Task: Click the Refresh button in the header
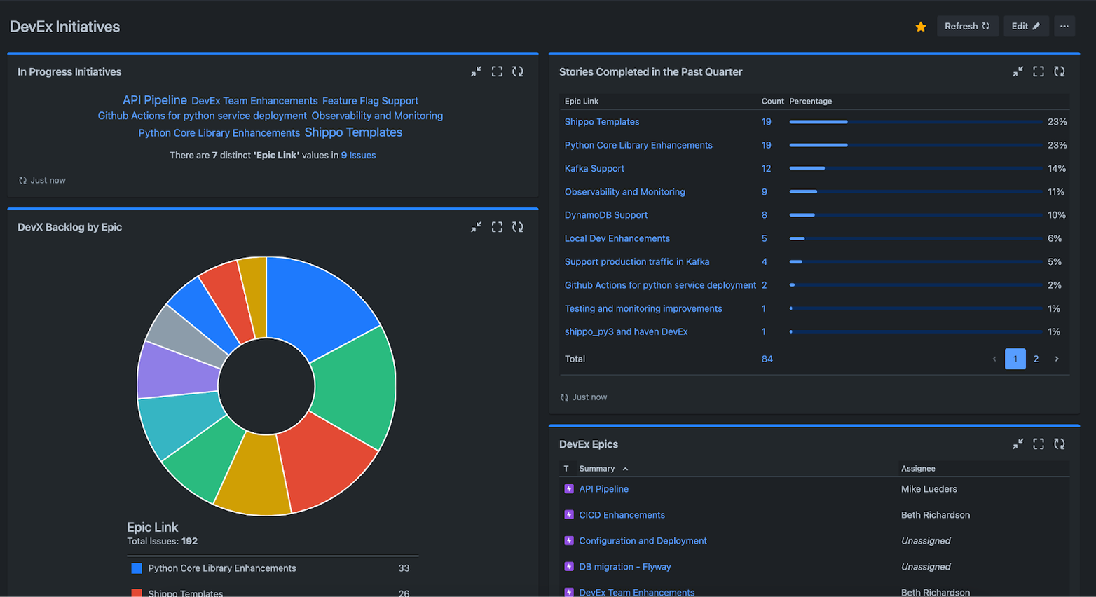[967, 26]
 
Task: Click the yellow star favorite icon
[921, 27]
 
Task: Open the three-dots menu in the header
[1064, 26]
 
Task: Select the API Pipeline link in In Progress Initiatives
[154, 100]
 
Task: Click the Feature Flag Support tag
[370, 101]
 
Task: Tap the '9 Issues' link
[358, 156]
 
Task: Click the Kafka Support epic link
[594, 168]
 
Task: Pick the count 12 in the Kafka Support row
[766, 168]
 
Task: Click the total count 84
[767, 359]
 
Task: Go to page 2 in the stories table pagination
[1036, 359]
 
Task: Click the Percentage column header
[810, 101]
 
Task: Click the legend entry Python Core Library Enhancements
[221, 568]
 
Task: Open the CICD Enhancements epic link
[622, 515]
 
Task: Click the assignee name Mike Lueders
[929, 489]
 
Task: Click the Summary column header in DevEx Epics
[596, 469]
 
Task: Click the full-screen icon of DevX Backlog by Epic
[497, 227]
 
